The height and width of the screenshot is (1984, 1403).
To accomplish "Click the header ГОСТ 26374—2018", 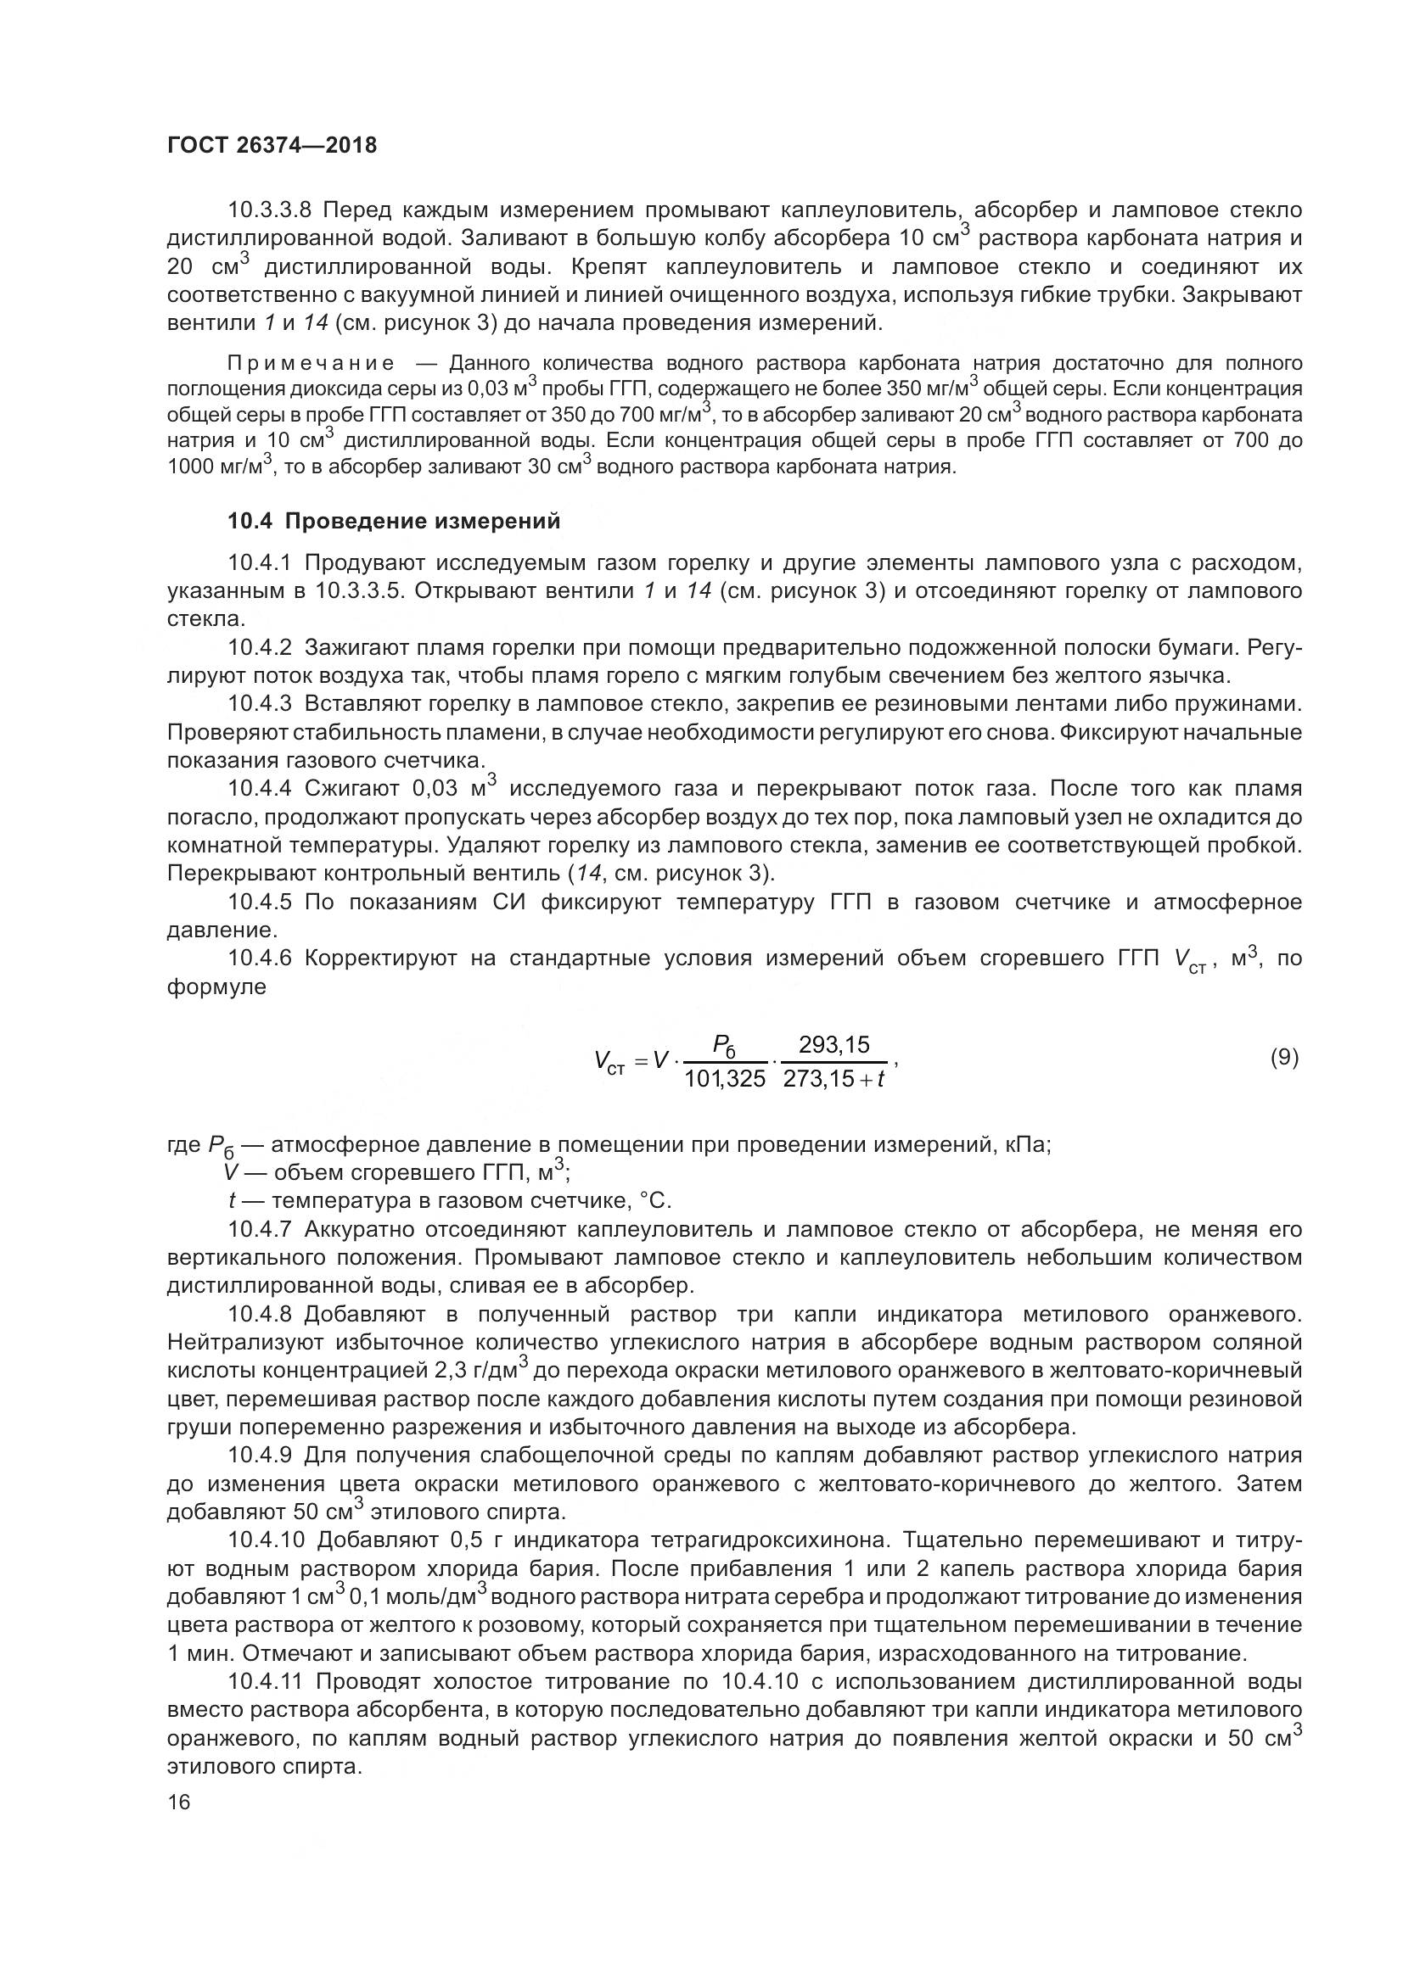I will [x=272, y=145].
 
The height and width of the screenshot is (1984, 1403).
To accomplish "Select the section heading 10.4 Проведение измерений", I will [x=393, y=521].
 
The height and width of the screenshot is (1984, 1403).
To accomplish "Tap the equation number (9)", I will [x=1283, y=1058].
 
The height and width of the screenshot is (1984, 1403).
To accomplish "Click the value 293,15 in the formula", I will [x=833, y=1045].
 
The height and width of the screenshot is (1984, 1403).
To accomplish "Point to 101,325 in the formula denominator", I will [x=724, y=1078].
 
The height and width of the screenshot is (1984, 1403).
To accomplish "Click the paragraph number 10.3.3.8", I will [x=273, y=210].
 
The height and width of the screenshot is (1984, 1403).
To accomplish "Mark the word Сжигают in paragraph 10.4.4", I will [x=350, y=789].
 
